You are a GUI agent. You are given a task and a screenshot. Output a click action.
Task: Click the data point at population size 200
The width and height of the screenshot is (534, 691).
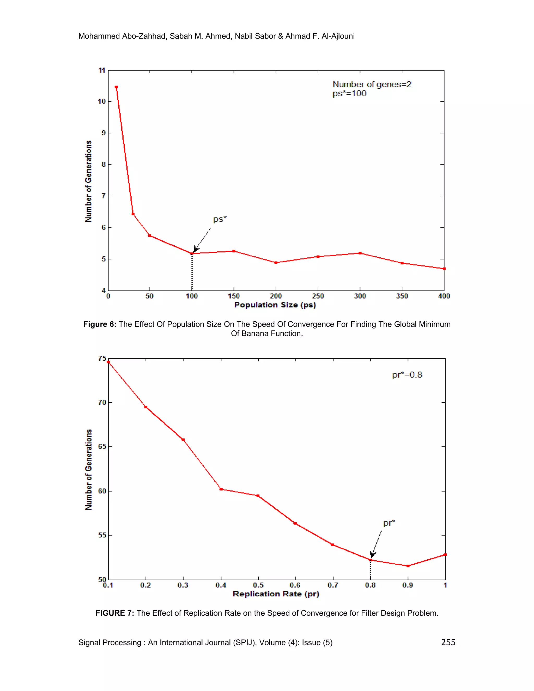276,263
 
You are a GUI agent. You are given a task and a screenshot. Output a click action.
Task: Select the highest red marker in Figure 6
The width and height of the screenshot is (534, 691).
116,87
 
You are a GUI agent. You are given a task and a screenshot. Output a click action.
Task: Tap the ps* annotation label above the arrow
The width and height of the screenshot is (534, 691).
220,219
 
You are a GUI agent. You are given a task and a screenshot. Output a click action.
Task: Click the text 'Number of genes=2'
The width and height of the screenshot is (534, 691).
372,84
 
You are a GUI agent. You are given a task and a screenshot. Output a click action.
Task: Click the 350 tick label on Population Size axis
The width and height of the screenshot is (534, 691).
402,296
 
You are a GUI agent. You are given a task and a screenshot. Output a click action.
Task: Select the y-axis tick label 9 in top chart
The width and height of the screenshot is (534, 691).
103,133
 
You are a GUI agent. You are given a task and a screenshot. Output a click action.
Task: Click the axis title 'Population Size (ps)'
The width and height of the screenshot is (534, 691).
275,305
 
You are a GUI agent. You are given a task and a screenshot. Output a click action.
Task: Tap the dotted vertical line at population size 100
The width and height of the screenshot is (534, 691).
192,272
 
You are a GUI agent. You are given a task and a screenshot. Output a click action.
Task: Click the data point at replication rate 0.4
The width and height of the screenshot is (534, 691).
221,489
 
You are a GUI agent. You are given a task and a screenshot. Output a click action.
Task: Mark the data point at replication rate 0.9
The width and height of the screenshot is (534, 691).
408,566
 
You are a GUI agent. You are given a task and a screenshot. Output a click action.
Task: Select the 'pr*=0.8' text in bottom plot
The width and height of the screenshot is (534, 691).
407,375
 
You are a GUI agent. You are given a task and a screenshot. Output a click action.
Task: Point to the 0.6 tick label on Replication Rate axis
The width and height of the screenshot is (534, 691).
295,585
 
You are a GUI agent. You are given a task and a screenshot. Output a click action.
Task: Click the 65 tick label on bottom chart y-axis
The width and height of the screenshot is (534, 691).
102,446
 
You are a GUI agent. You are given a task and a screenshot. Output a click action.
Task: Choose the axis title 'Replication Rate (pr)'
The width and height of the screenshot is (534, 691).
276,594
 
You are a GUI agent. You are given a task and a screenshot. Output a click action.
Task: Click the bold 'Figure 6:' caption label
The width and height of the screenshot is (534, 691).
100,324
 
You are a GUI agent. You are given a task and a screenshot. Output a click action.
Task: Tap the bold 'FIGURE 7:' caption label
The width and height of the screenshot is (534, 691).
114,613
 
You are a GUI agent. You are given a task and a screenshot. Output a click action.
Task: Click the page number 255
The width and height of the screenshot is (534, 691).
448,642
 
